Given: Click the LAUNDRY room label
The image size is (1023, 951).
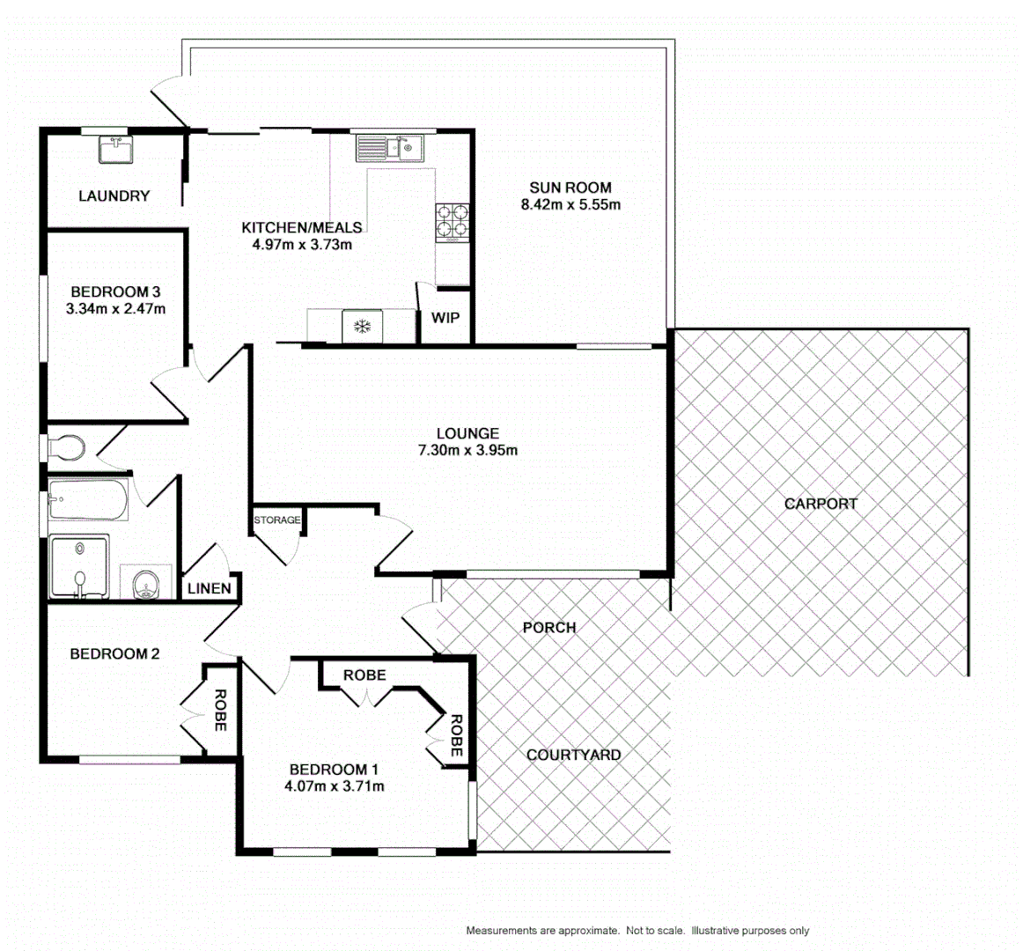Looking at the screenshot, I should (114, 195).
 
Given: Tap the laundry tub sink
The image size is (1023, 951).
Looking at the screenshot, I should (114, 151).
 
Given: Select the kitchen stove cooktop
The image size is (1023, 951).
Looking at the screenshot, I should (451, 222).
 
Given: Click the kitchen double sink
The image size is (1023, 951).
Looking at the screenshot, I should (389, 147).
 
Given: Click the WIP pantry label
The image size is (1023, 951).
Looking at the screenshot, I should (445, 318).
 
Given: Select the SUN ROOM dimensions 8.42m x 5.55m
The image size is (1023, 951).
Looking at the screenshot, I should (570, 205).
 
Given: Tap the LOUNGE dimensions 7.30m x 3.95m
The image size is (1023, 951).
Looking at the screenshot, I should (467, 451).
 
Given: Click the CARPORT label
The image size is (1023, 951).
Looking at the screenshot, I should (820, 504).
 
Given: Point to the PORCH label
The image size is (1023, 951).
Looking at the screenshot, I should (548, 628).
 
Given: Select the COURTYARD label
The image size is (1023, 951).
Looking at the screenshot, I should (573, 755).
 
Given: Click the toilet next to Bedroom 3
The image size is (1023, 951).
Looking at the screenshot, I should (65, 447).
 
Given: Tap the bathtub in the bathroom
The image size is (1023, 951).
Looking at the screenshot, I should (89, 499).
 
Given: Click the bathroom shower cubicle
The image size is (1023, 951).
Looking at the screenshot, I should (79, 566).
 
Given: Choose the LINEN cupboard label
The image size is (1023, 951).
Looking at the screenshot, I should (210, 588).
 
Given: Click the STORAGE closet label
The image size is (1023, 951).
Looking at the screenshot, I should (276, 520).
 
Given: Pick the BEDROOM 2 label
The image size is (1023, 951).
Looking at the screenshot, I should (114, 653).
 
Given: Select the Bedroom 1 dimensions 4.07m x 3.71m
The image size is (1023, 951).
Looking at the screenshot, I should (334, 786).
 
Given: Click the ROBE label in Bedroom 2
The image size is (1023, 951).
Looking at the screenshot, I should (219, 710).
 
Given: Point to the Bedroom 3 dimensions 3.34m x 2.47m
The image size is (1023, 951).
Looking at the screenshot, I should (115, 309).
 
